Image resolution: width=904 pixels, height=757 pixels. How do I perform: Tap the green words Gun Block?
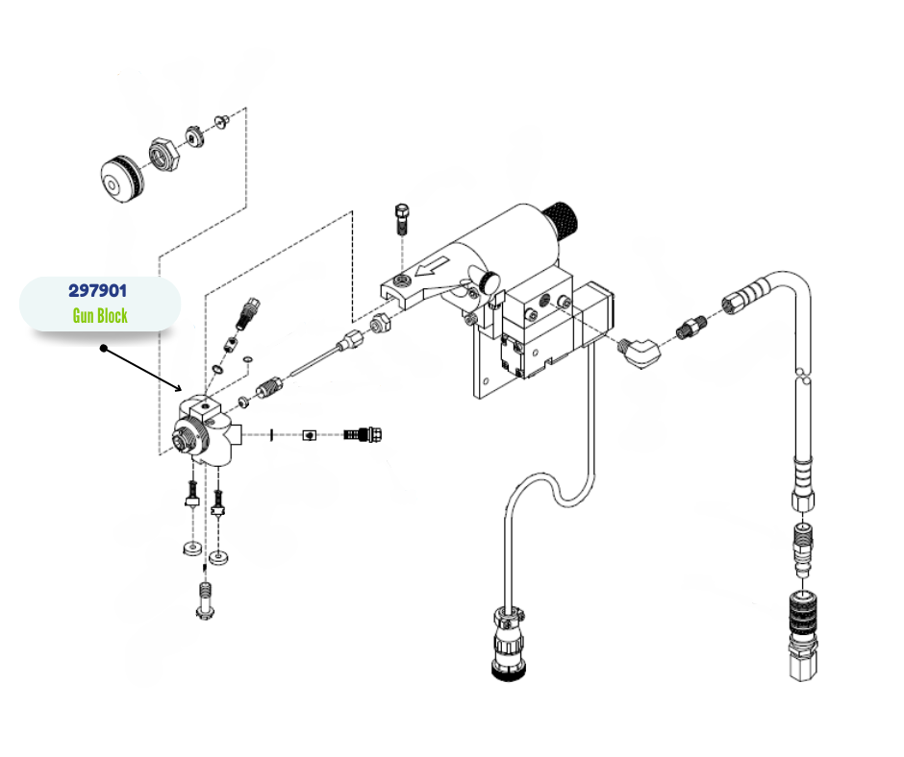100,314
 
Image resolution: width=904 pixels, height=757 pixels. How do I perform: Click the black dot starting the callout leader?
103,349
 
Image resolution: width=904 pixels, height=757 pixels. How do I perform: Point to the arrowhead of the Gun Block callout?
180,390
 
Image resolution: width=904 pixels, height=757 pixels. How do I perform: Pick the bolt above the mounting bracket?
402,219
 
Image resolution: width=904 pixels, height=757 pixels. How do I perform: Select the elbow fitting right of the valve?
640,348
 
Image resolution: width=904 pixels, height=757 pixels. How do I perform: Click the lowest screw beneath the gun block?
204,601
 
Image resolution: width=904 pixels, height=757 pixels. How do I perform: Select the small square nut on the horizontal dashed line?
309,435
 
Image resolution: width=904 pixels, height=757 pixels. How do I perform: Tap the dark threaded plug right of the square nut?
365,435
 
